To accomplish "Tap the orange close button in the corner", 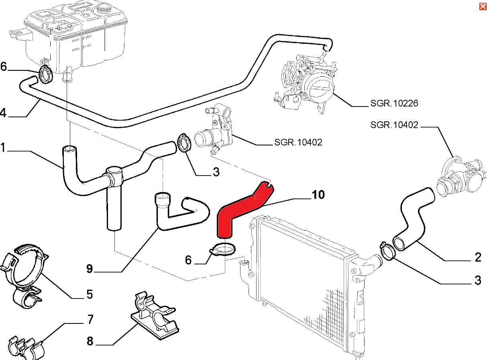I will click(x=483, y=6).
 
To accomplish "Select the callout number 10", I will click(x=318, y=195).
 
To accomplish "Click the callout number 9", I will click(x=89, y=269).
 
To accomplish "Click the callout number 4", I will click(x=3, y=113).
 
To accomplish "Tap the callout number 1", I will click(x=3, y=148).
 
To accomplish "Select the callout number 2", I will click(x=477, y=257).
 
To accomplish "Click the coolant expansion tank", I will click(x=76, y=36).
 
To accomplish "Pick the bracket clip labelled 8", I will click(x=155, y=315).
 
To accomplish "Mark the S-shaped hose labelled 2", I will click(x=414, y=217).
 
